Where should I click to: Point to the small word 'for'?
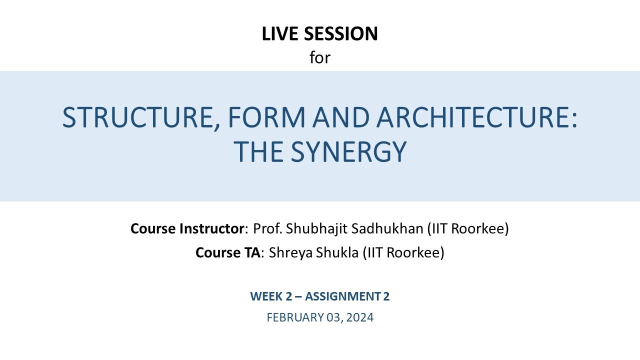[x=320, y=57]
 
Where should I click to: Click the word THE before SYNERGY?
[x=259, y=152]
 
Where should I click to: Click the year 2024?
[x=360, y=317]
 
